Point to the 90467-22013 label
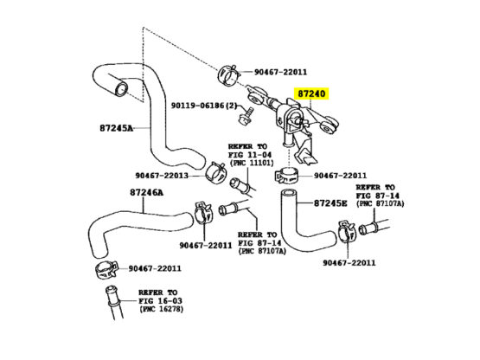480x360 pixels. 165,174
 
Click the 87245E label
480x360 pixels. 330,203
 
